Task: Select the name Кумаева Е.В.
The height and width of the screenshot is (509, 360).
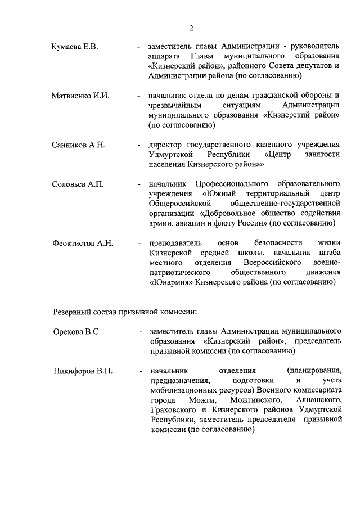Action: pyautogui.click(x=74, y=47)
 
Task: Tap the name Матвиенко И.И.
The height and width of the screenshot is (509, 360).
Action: pyautogui.click(x=80, y=96)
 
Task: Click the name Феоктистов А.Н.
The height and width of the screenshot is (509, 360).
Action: pyautogui.click(x=83, y=243)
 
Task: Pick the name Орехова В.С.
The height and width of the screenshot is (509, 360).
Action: pyautogui.click(x=77, y=331)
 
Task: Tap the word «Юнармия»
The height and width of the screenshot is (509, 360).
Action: pyautogui.click(x=171, y=283)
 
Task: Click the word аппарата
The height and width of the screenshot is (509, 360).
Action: pyautogui.click(x=164, y=57)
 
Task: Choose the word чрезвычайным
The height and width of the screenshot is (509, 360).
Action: pyautogui.click(x=173, y=106)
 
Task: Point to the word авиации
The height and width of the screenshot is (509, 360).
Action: pyautogui.click(x=190, y=223)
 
